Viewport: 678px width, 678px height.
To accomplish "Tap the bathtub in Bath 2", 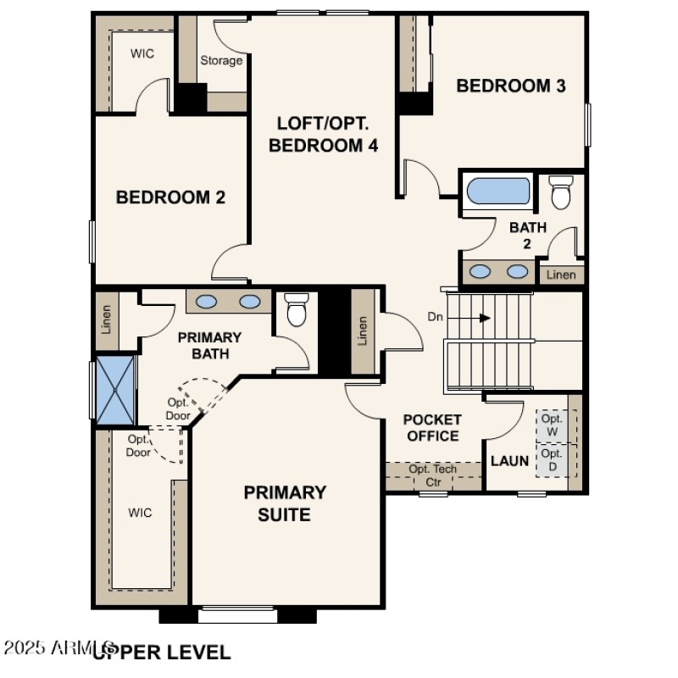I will tap(498, 190).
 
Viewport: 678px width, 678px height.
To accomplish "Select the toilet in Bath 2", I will tap(561, 192).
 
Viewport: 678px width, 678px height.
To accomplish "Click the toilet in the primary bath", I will tap(296, 309).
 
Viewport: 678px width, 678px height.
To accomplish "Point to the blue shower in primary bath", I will tap(114, 390).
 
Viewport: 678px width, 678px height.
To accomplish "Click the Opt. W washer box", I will tap(552, 425).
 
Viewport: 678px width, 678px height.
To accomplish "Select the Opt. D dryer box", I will tap(552, 460).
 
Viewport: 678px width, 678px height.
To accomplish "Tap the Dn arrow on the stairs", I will tap(475, 318).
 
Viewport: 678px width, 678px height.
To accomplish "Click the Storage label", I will tap(221, 61).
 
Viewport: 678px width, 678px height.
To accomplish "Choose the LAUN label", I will tap(510, 462).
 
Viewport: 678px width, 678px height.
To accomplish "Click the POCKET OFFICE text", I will tap(432, 428).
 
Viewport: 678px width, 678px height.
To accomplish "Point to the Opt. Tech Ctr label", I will tap(433, 475).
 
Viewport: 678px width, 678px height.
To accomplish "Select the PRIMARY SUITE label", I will tap(285, 503).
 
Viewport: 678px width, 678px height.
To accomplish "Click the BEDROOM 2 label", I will tap(170, 197).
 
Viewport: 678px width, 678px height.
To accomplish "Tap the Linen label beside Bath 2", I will tap(561, 275).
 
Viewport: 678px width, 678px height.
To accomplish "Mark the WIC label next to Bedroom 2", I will tap(142, 53).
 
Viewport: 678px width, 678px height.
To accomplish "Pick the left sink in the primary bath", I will tap(204, 301).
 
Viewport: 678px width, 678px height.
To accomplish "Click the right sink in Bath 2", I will tap(516, 271).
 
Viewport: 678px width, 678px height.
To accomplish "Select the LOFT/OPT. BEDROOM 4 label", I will tap(323, 134).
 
